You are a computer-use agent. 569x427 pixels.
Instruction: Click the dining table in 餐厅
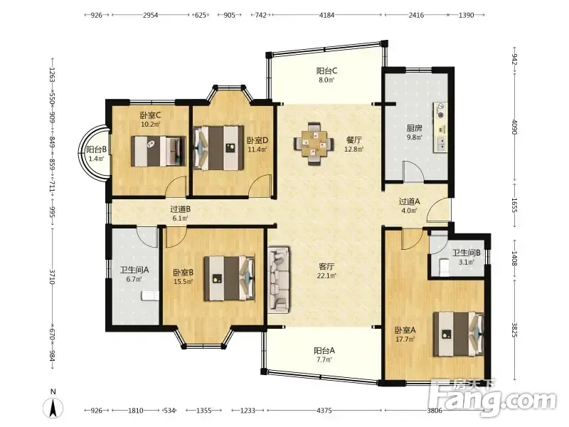[314, 144]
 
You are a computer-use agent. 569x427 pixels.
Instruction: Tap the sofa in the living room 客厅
[279, 280]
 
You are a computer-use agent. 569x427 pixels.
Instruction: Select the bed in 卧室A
[459, 334]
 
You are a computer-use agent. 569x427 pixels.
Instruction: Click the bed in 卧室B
[229, 278]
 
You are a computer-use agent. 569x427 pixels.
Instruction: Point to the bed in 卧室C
[159, 151]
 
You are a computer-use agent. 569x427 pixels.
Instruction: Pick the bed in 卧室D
[218, 148]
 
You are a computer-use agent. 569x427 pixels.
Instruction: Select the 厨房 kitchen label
[414, 128]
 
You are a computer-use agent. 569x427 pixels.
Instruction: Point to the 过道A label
[409, 201]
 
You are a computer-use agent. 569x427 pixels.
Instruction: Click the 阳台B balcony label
[96, 149]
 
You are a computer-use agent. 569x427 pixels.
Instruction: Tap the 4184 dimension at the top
[326, 15]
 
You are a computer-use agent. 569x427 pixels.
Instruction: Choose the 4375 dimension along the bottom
[324, 411]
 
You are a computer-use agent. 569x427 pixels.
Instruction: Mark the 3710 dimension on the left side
[52, 277]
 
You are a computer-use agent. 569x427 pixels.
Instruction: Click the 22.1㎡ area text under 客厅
[326, 275]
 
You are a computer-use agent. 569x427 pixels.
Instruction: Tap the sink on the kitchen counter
[441, 144]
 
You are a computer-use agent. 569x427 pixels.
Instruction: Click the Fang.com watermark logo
[491, 399]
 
